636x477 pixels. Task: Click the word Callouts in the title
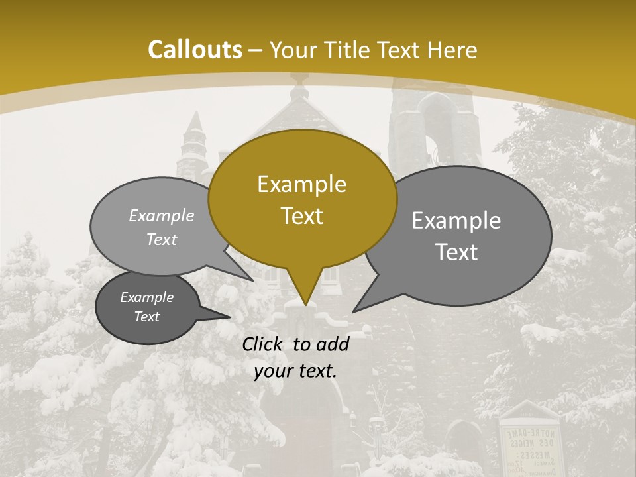(x=195, y=50)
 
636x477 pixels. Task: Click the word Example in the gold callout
(x=301, y=184)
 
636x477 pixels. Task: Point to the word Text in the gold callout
(x=301, y=216)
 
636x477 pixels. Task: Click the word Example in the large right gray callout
(x=456, y=221)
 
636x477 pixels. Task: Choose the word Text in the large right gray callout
(x=456, y=252)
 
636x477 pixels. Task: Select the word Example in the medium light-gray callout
(x=161, y=215)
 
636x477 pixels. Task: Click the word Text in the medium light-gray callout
(x=161, y=239)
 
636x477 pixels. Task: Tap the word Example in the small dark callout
(x=146, y=297)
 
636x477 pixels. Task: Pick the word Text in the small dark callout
(x=146, y=317)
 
